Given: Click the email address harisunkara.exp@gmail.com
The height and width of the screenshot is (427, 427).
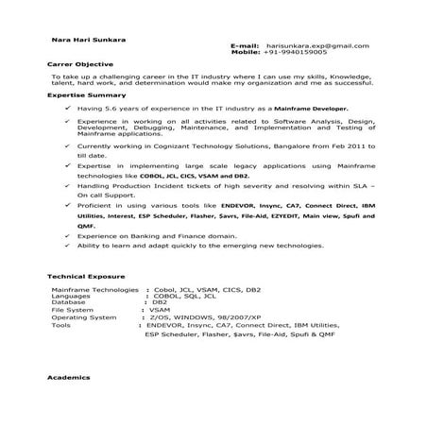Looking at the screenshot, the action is click(317, 45).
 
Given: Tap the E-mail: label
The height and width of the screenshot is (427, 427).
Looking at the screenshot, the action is click(245, 45).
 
